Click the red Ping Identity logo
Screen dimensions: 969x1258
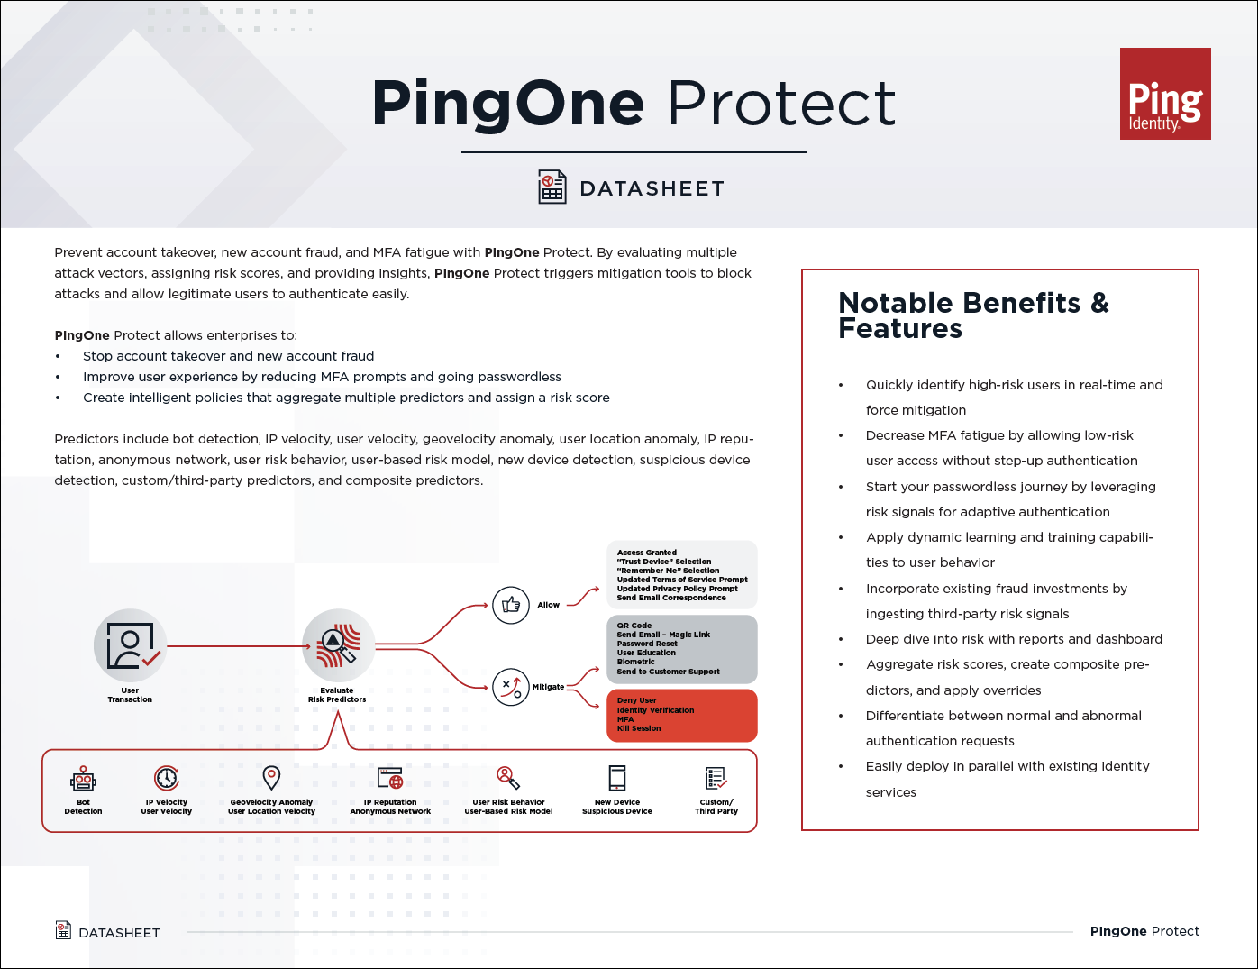tap(1165, 94)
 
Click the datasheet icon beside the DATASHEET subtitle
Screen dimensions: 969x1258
tap(552, 187)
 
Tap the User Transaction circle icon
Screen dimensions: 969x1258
tap(131, 645)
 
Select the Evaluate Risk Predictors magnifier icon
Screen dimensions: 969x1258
tap(338, 645)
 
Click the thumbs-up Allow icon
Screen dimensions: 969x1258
tap(511, 605)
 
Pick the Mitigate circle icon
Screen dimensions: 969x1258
tap(511, 687)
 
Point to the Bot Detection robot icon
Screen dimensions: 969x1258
tap(83, 779)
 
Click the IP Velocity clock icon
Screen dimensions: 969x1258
tap(167, 778)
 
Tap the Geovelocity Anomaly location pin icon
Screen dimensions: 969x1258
tap(271, 777)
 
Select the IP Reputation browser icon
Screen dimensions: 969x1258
tap(390, 778)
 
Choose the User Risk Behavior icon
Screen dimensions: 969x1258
tap(508, 778)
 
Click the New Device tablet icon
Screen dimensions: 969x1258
tap(617, 778)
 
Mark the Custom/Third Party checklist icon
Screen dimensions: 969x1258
tap(716, 778)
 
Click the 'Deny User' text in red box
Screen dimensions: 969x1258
tap(637, 700)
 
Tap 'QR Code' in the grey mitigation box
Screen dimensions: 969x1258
tap(634, 626)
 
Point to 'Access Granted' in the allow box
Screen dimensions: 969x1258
tap(647, 553)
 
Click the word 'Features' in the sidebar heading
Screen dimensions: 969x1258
tap(900, 329)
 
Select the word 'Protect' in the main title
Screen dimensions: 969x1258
tap(781, 104)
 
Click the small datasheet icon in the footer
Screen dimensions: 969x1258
tap(63, 930)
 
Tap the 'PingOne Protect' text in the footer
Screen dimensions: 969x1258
tap(1144, 931)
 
